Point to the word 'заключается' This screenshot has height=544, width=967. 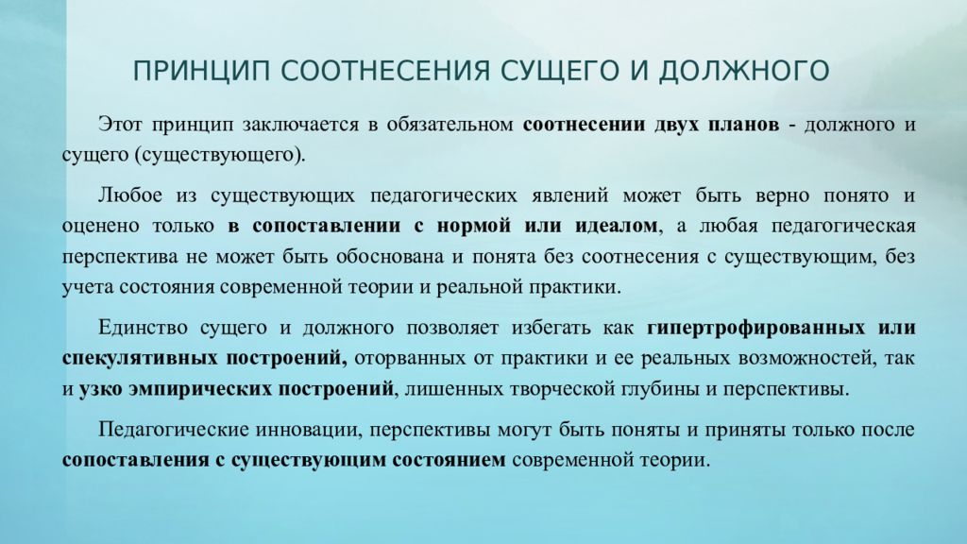294,125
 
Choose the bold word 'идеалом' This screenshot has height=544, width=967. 619,227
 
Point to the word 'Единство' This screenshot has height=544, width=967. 141,328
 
